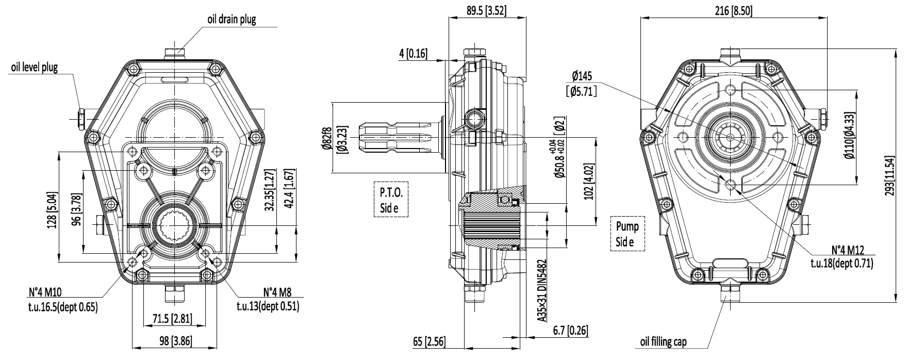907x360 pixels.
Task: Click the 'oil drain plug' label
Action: [x=232, y=20]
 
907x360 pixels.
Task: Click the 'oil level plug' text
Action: [x=34, y=68]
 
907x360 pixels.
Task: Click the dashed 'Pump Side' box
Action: [x=627, y=234]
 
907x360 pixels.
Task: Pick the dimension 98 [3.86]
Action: [x=172, y=341]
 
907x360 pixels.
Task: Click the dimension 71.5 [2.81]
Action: [x=172, y=319]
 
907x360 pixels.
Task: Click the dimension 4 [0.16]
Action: [x=413, y=53]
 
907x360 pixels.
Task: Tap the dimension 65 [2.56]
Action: [x=429, y=342]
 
